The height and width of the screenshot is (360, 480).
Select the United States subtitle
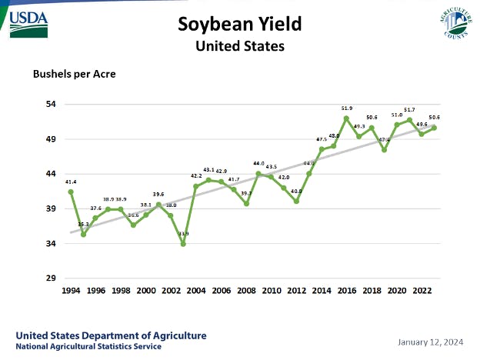pyautogui.click(x=239, y=45)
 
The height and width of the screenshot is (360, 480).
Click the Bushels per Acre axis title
pyautogui.click(x=70, y=75)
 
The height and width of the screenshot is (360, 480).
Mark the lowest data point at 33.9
pyautogui.click(x=183, y=244)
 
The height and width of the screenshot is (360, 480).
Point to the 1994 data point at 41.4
pyautogui.click(x=71, y=192)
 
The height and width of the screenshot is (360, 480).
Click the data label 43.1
pyautogui.click(x=208, y=169)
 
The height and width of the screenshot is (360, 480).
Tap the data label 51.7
pyautogui.click(x=409, y=110)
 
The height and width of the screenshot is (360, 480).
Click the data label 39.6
pyautogui.click(x=158, y=195)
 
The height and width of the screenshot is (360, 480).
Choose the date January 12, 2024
pyautogui.click(x=430, y=341)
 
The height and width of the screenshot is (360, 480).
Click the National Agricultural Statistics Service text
pyautogui.click(x=88, y=347)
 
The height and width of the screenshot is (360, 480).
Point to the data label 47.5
pyautogui.click(x=322, y=139)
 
